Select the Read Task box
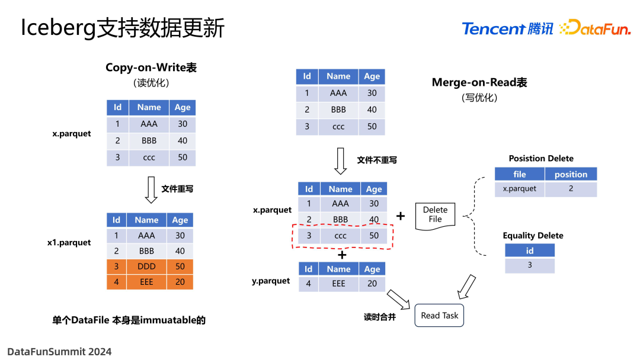coord(439,316)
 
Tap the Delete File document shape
coord(435,215)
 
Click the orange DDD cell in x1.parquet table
coord(146,266)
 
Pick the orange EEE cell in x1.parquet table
coord(146,282)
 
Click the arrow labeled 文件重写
coord(151,189)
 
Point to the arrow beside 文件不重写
coord(341,160)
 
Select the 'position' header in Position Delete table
coord(571,174)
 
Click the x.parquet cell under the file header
coord(519,189)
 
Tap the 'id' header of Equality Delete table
coord(530,250)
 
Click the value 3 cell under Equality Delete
coord(530,265)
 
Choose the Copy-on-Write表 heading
coord(151,67)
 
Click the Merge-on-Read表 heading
coord(479,82)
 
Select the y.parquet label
coord(271,281)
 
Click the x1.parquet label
coord(69,243)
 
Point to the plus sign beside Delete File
coord(401,216)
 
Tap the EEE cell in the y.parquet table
coord(339,284)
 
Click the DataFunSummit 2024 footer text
coord(59,351)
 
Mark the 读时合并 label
coord(380,317)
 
